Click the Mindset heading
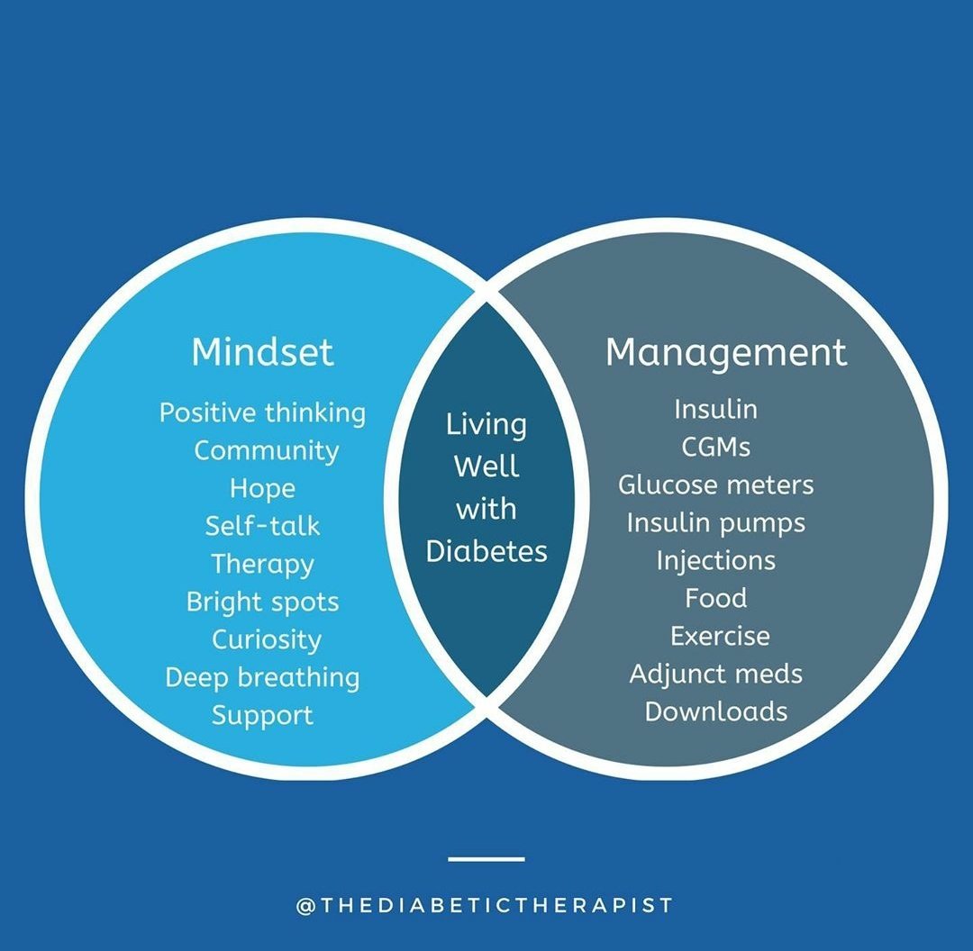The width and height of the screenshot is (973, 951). coord(262,352)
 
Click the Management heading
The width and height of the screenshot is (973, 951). coord(726,352)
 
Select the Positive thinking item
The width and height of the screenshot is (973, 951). coord(262,413)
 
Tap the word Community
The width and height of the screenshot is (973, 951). coord(267,450)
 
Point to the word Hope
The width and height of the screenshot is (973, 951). coord(262,488)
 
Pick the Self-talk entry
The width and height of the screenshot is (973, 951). coord(262,526)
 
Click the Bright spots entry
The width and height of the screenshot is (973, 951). coord(262,602)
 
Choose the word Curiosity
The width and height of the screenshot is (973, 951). coord(266,639)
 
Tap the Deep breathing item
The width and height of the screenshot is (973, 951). coord(262,677)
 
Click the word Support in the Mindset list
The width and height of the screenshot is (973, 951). coord(262,715)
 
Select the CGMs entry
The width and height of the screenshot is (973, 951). coord(716,447)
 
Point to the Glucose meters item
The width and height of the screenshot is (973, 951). coord(715,485)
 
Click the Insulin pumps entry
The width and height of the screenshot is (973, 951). coord(715,522)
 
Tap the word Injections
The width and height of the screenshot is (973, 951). coord(715,560)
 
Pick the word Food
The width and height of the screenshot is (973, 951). coord(715,598)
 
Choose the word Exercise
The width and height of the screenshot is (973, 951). coord(720,636)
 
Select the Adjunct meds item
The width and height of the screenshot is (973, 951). coord(715,674)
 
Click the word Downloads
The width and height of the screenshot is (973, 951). coord(715,711)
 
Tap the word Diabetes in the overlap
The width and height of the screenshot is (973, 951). coord(486,551)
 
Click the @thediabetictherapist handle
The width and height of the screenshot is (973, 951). coord(485,905)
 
